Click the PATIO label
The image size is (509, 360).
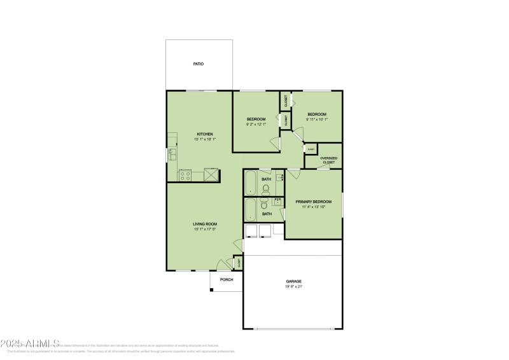point(199,64)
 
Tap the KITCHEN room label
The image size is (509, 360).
point(204,134)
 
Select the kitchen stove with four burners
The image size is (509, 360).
point(185,175)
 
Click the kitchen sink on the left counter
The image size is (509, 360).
point(172,154)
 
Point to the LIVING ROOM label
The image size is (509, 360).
point(206,224)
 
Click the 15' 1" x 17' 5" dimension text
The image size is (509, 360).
point(206,230)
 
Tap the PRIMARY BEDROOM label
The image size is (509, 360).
point(313,202)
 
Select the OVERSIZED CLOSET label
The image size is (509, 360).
point(328,160)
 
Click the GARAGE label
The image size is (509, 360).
point(293,281)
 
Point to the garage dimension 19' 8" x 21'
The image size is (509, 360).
point(293,287)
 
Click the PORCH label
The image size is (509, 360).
point(227,280)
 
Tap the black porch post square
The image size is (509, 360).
point(211,291)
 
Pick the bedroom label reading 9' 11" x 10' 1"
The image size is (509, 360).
point(317,117)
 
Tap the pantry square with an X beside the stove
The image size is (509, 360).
point(211,175)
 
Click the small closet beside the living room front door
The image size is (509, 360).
point(239,262)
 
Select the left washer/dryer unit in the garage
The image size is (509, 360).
point(251,231)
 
